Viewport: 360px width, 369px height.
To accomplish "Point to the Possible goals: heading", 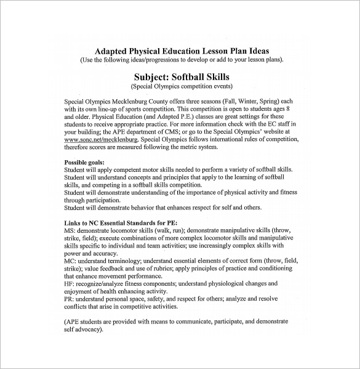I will (x=84, y=161).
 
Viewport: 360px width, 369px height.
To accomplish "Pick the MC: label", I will (x=70, y=261).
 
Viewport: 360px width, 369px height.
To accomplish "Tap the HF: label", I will (x=69, y=283).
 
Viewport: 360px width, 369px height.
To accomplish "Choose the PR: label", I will (x=69, y=299).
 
